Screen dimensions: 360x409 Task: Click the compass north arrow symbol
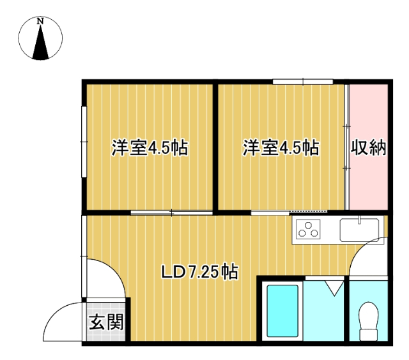click(x=42, y=45)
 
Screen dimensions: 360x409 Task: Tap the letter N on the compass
click(x=41, y=21)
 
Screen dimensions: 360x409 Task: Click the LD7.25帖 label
click(x=199, y=273)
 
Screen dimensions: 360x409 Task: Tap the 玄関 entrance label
click(x=105, y=322)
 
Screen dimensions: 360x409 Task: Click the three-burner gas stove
click(x=308, y=229)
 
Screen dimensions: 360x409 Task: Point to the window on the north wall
click(x=303, y=81)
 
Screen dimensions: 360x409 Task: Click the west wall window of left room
click(x=83, y=140)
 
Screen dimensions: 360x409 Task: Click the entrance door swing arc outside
click(x=64, y=322)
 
